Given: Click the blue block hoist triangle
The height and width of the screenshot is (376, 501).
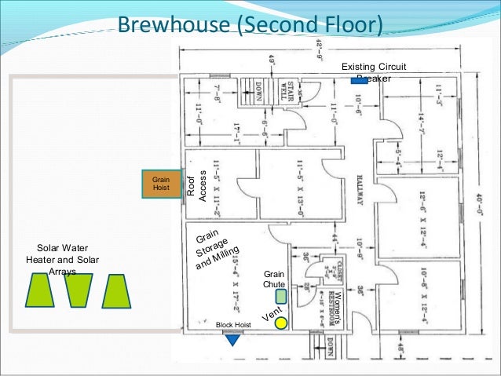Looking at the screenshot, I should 232,340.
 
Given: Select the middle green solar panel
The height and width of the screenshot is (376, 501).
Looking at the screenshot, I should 79,290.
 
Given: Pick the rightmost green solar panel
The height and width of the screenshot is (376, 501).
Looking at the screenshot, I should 116,290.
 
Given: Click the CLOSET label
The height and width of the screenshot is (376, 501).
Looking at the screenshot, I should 332,268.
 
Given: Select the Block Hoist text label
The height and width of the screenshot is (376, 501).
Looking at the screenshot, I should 233,324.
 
